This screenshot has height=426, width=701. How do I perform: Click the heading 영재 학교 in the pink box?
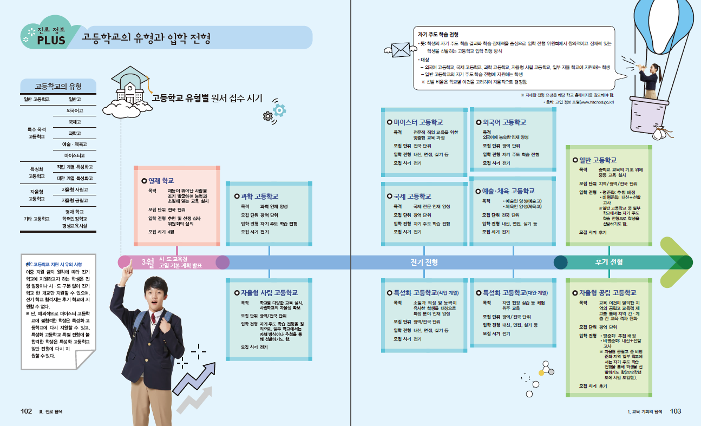pos(161,181)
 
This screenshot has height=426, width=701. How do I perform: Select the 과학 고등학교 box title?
pos(259,196)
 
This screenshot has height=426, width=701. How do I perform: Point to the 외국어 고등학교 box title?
pos(504,122)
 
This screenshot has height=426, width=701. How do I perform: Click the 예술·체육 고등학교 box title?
pos(508,191)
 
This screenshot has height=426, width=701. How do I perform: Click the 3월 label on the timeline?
pos(148,263)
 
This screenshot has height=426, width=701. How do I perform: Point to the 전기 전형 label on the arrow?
pos(424,263)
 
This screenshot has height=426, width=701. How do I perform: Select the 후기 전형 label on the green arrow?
pos(609,263)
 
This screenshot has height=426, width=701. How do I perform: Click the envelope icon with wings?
pos(401,50)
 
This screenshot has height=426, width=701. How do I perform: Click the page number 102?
pos(27,411)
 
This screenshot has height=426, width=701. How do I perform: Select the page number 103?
pos(675,411)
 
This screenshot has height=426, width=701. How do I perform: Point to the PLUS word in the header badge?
pos(51,41)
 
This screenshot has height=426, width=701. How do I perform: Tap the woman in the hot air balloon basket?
pos(651,81)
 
